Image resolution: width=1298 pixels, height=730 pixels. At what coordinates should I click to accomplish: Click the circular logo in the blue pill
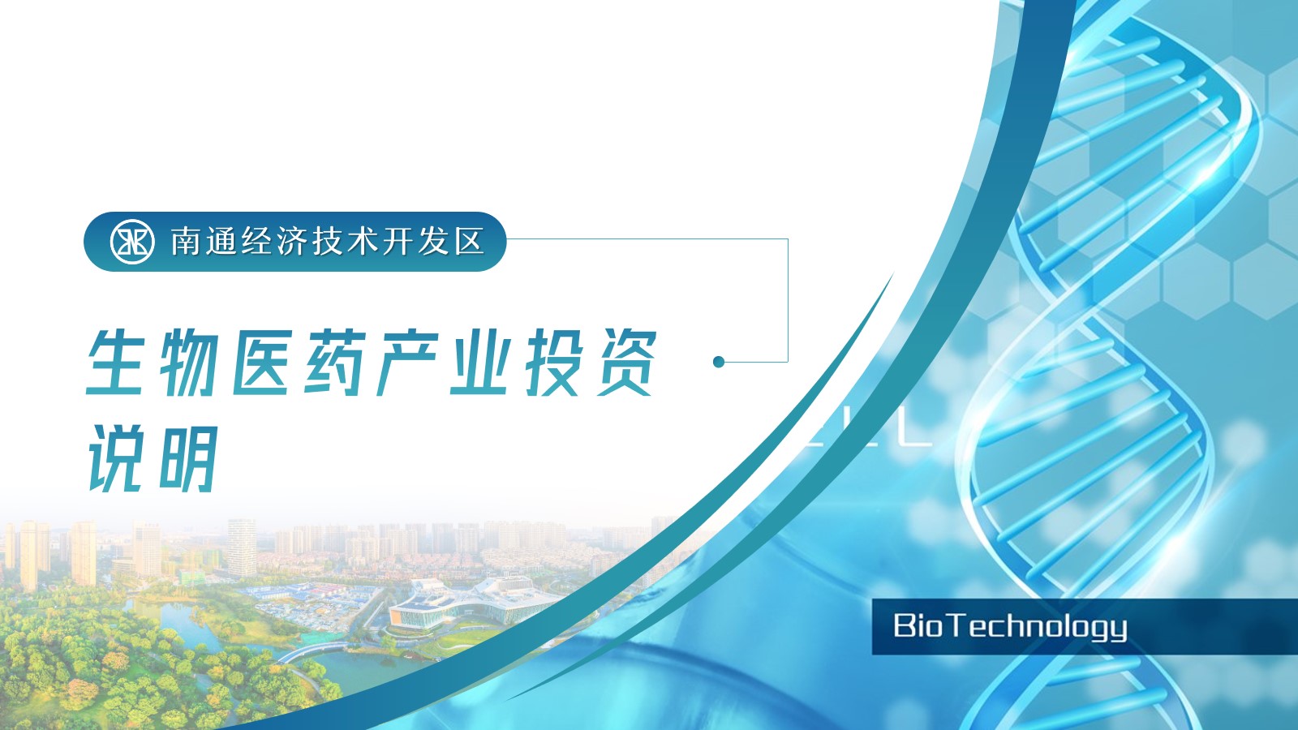pos(132,242)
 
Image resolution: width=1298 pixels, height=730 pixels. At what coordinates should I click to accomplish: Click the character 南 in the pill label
pos(187,242)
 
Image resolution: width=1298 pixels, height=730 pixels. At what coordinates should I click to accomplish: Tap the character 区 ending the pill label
pos(470,242)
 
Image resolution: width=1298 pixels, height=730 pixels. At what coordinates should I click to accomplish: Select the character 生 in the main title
pos(116,363)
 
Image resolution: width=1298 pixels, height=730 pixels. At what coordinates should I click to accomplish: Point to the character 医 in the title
pos(260,363)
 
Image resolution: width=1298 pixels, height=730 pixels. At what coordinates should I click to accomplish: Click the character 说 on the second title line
pos(116,459)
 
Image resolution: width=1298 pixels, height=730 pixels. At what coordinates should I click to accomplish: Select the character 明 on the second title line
pos(188,459)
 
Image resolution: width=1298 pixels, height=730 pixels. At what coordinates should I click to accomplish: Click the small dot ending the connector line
pos(719,362)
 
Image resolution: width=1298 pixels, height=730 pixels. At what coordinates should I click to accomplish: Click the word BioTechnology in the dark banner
pos(1010,627)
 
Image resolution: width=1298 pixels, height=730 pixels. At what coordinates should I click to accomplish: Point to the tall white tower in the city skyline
pos(241,547)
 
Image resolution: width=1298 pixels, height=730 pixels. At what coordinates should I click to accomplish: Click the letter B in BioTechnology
pos(903,625)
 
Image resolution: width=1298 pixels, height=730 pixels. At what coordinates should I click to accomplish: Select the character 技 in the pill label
pos(328,242)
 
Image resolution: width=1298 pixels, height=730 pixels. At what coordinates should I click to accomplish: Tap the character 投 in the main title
pos(553,363)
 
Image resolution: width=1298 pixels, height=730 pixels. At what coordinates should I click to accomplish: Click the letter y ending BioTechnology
pos(1119,630)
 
